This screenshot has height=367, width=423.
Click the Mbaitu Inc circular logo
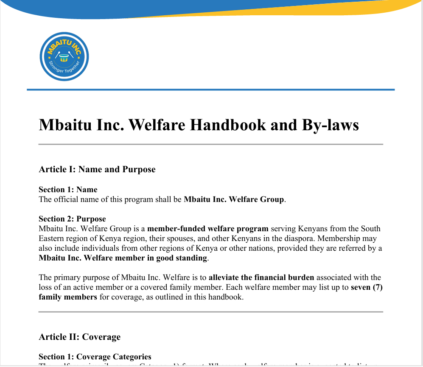64,57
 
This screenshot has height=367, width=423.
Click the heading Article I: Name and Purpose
97,170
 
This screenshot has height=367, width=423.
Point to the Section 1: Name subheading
68,190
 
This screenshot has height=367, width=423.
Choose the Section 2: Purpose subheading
72,219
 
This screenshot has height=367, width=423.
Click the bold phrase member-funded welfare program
208,229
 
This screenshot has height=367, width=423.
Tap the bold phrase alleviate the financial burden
262,278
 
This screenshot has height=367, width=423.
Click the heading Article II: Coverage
80,337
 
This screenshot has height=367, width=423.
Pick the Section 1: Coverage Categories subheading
95,357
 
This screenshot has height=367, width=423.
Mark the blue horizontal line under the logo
210,90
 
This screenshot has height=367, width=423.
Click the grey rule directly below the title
210,144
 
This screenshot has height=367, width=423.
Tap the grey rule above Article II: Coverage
210,312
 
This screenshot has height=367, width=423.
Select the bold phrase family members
68,297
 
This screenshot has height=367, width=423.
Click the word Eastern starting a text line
52,238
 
